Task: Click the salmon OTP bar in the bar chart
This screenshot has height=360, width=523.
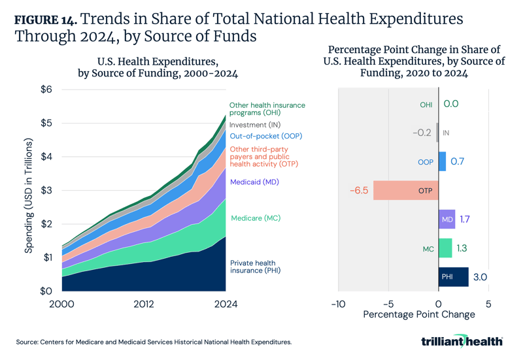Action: pos(405,191)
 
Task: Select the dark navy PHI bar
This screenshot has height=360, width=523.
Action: pos(453,277)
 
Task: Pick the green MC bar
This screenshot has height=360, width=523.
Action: pos(445,248)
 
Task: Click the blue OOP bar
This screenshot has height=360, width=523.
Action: pos(442,161)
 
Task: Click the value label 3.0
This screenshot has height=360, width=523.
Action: pos(479,277)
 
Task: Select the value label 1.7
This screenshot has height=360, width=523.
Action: pos(465,220)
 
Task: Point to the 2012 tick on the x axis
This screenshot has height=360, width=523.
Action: pos(144,304)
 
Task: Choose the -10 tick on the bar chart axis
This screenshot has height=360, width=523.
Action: pos(338,304)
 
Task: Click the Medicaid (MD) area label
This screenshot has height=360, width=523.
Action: pos(254,182)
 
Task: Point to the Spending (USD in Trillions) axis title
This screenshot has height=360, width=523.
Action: pos(29,195)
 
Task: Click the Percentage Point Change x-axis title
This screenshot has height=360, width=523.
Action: pos(418,314)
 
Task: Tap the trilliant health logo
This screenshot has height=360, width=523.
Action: pos(462,340)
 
